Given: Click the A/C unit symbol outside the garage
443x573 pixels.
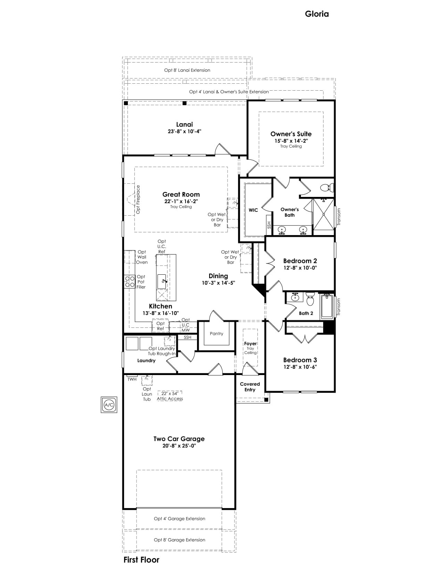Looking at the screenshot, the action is (x=109, y=405).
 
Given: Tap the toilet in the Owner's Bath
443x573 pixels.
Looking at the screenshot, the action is (x=327, y=188).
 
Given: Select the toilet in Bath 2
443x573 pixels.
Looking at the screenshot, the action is (x=310, y=299).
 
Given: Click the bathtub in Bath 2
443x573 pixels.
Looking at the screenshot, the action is (x=327, y=306).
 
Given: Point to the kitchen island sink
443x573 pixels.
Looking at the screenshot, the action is (x=162, y=281).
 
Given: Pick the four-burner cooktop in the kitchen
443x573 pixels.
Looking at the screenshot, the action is (x=130, y=281).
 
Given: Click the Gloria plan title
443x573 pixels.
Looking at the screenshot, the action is (x=317, y=14).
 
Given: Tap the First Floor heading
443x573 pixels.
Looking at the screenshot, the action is (x=141, y=559).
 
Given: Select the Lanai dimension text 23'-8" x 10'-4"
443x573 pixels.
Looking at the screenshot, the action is (x=184, y=131).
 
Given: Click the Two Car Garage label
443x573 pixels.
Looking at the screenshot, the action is (x=179, y=439).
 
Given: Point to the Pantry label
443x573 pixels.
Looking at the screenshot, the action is (x=216, y=334).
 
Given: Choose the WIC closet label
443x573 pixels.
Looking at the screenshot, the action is (x=253, y=210).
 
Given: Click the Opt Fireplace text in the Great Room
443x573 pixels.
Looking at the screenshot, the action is (x=138, y=200).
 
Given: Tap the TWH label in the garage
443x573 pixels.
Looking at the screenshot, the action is (x=132, y=379).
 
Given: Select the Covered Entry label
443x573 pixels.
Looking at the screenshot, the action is (x=250, y=387).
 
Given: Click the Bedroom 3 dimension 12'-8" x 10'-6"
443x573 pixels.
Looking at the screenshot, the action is (x=300, y=367).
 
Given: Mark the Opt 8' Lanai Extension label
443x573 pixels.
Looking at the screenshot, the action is (x=187, y=70).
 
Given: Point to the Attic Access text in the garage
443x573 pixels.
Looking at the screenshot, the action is (x=170, y=399).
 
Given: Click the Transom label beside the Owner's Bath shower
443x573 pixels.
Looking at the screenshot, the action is (x=339, y=217).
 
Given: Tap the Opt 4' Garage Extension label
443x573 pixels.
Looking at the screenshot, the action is (x=179, y=519).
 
